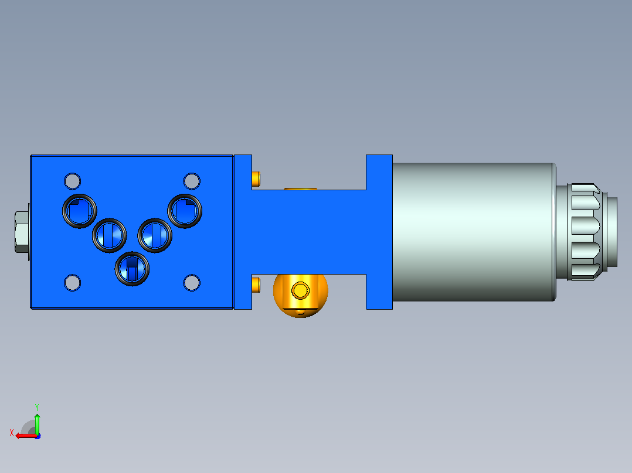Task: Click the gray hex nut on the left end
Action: (x=22, y=232)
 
